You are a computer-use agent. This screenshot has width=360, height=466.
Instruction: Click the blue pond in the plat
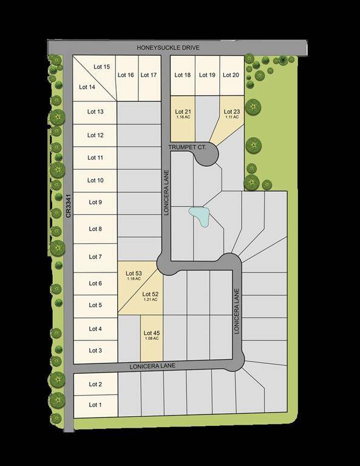[199, 216]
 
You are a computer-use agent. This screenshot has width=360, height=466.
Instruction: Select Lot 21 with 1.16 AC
[183, 113]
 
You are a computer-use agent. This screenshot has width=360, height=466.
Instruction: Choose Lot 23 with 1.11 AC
[233, 113]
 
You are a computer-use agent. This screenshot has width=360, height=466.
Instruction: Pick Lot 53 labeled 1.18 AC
[134, 276]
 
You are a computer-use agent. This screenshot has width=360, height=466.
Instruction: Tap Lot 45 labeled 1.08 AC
[151, 334]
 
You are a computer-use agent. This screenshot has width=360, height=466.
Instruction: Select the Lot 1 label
[95, 405]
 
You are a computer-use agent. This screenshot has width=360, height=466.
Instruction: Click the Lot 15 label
[102, 67]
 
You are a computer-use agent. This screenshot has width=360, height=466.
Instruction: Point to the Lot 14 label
[87, 87]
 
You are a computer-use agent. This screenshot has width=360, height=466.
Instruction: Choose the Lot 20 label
[231, 75]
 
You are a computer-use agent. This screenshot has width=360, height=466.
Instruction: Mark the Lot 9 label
[95, 203]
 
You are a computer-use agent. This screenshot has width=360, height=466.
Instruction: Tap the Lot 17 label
[149, 75]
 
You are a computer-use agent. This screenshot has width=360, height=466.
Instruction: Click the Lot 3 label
[95, 351]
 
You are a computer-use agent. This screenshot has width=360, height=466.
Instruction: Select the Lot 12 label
[95, 135]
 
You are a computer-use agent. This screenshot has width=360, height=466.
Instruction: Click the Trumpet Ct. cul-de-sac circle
[206, 155]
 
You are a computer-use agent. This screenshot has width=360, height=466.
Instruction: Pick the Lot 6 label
[95, 283]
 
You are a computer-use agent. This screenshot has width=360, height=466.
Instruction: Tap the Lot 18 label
[183, 75]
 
